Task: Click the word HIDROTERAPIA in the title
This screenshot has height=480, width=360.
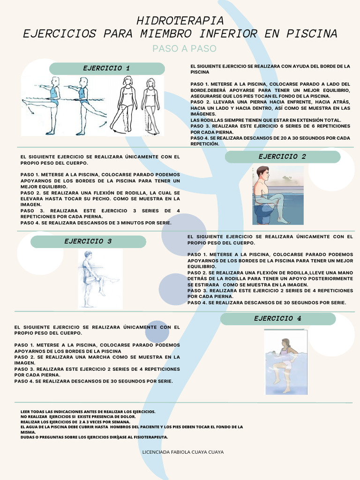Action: pos(180,21)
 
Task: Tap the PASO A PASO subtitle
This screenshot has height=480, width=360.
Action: pos(184,49)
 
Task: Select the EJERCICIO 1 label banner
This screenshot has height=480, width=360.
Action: pos(107,68)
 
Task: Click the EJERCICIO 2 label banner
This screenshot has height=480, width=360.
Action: pos(282,157)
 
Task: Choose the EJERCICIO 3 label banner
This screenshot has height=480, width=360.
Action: pos(88,242)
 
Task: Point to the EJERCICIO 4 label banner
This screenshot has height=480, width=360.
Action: pos(277,319)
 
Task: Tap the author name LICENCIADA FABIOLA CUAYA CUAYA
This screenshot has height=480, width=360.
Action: pos(182,452)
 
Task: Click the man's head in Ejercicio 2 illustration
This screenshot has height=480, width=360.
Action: pos(263,173)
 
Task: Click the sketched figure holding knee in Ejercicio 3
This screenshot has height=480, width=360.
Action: pos(92,279)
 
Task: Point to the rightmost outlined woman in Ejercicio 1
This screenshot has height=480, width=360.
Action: pos(151,105)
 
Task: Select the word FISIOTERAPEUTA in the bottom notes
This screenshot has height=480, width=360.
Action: pos(151,437)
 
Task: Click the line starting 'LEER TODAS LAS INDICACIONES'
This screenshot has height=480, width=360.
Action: pos(88,412)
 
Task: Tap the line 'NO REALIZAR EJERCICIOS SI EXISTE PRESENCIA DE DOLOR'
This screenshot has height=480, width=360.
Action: pos(78,417)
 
